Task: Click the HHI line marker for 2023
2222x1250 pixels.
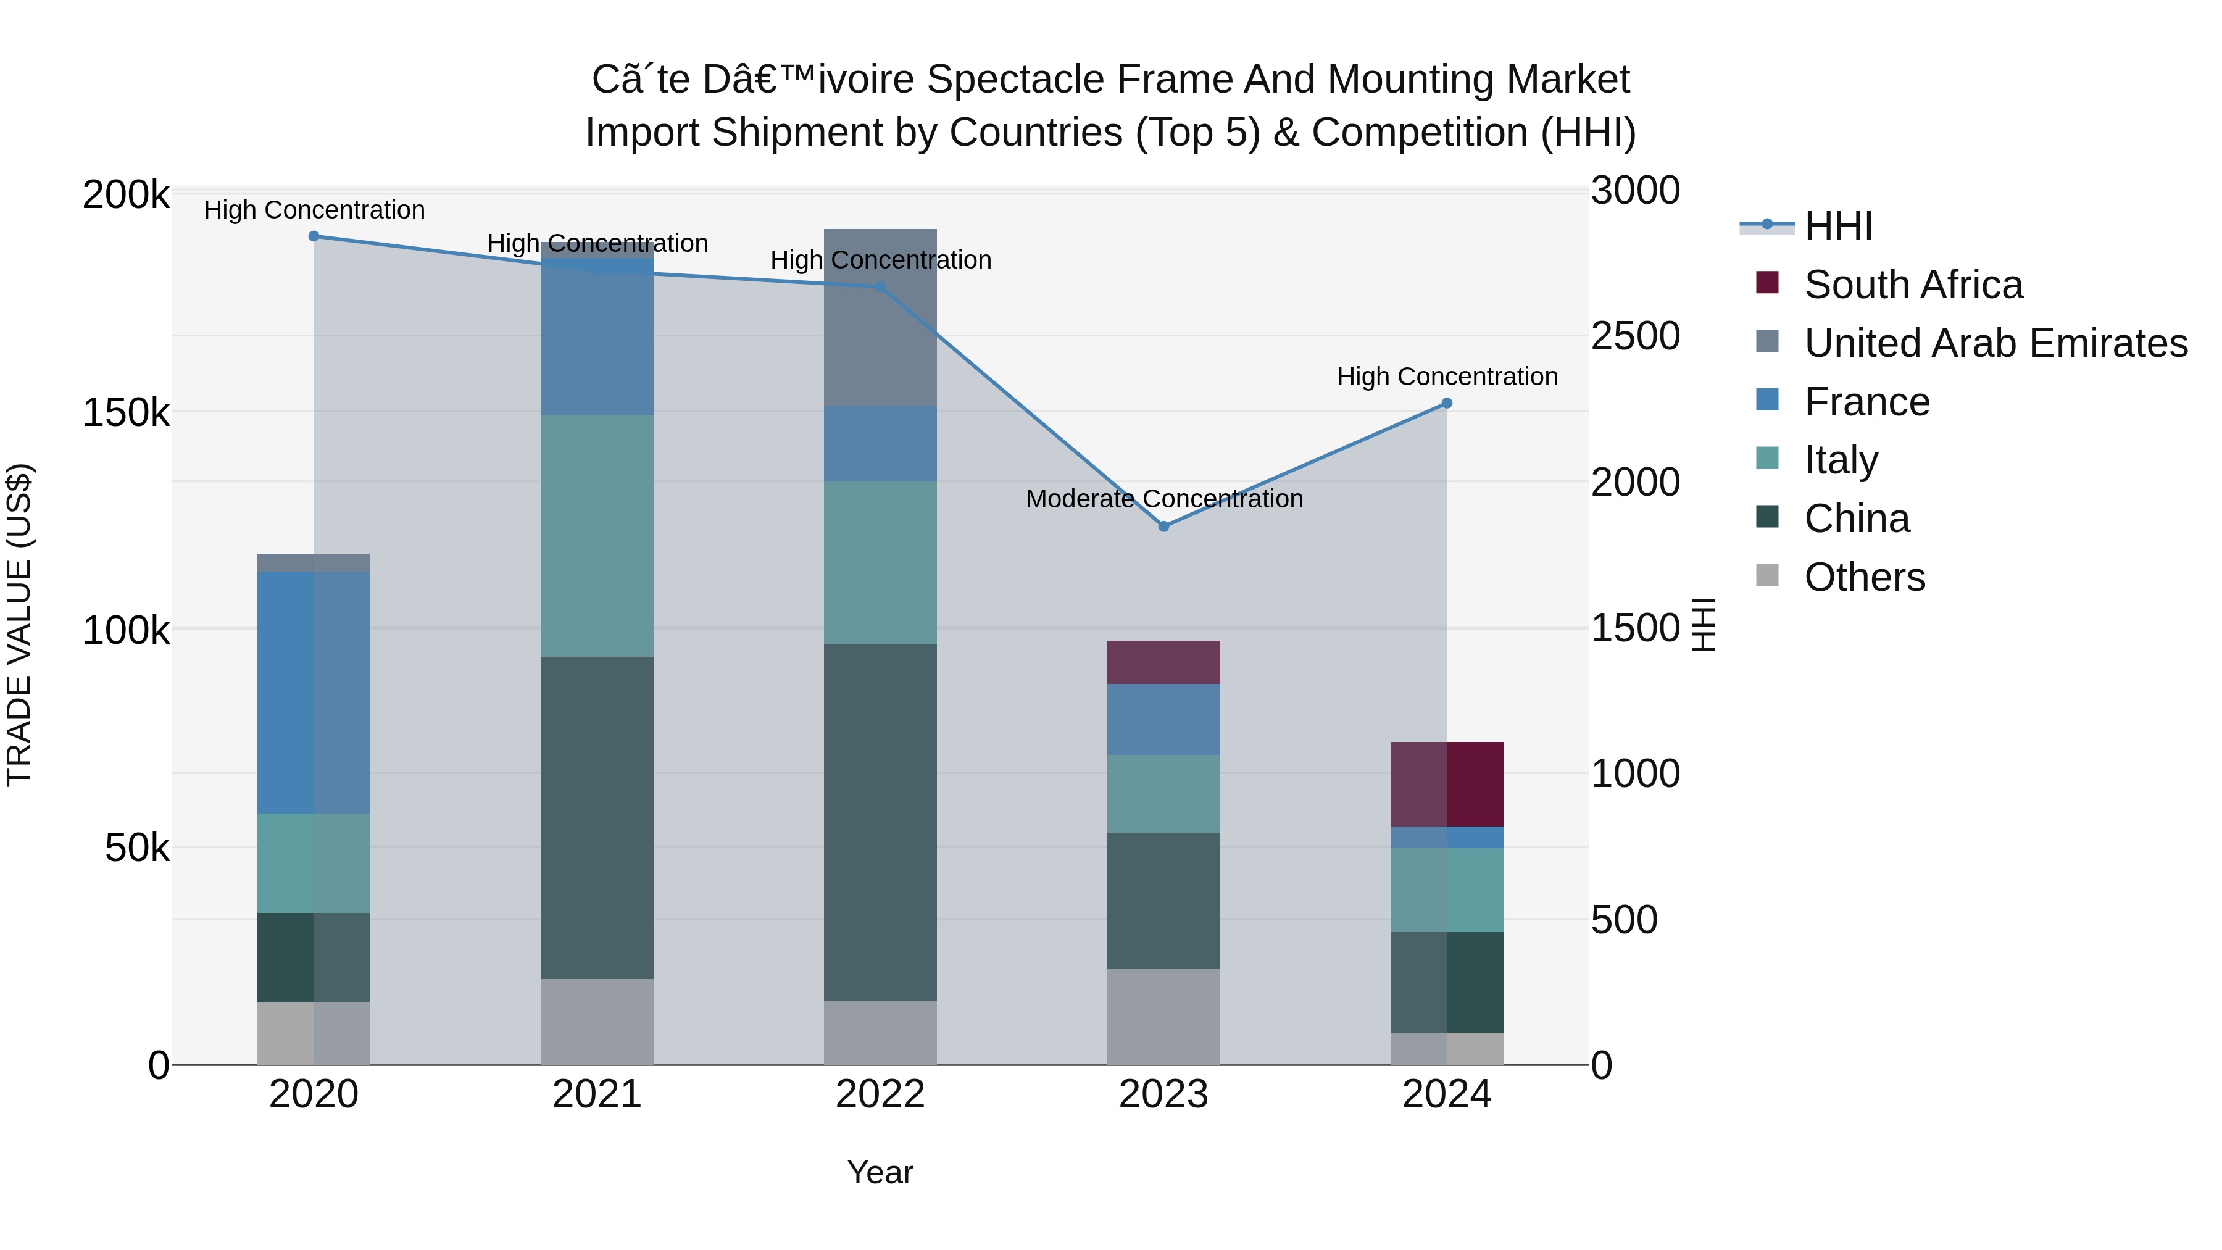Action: pyautogui.click(x=1163, y=526)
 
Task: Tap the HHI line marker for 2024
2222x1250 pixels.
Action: pyautogui.click(x=1447, y=403)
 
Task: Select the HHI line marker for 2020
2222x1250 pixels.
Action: pyautogui.click(x=314, y=236)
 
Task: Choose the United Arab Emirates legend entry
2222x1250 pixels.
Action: pyautogui.click(x=1995, y=343)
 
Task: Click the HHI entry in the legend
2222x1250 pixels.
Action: pyautogui.click(x=1837, y=226)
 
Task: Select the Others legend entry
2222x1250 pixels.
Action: pyautogui.click(x=1864, y=577)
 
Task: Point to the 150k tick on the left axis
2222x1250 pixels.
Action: pyautogui.click(x=126, y=413)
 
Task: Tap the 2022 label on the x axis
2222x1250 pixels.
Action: pyautogui.click(x=880, y=1094)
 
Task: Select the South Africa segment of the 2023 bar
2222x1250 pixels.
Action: pyautogui.click(x=1163, y=662)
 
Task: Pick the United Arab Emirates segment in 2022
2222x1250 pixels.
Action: pyautogui.click(x=880, y=317)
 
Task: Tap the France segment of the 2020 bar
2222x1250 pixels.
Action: pyautogui.click(x=314, y=692)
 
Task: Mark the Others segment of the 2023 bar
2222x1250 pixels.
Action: pyautogui.click(x=1163, y=1016)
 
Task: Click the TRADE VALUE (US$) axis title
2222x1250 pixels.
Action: pyautogui.click(x=19, y=625)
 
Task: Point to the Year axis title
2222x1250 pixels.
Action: pyautogui.click(x=880, y=1172)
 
